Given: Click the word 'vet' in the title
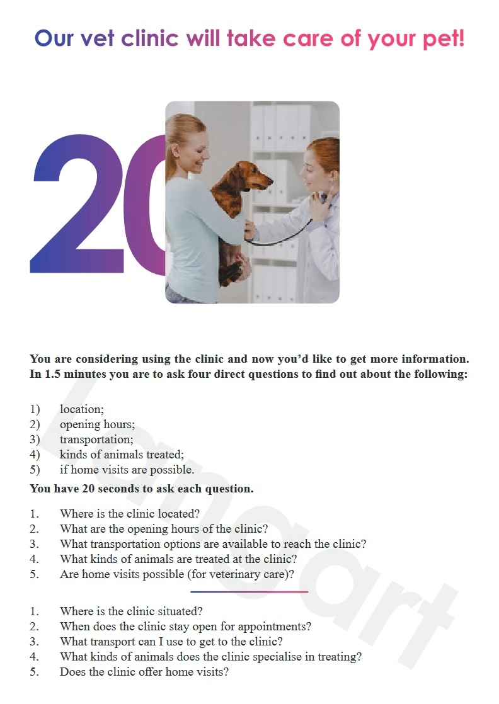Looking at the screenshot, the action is pos(98,38).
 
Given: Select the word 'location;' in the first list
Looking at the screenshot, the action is pos(82,409).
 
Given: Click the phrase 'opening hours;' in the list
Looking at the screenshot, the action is pos(97,425).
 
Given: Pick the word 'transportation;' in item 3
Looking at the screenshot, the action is pos(96,440).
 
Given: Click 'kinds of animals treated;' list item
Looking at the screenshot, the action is pos(122,455).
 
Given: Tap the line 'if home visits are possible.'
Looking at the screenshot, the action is pos(127,470).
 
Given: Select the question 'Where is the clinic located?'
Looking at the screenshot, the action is pos(130,514).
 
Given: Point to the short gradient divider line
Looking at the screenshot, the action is pos(249,592).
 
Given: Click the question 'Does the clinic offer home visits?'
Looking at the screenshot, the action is pos(144,672).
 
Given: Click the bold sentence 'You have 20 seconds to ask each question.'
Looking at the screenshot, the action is pos(142,489).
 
